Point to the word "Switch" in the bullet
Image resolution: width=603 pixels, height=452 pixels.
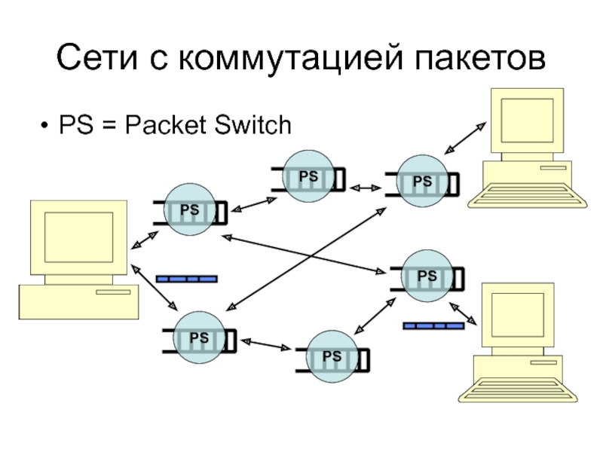253,124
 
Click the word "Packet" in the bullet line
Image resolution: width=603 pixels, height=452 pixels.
165,124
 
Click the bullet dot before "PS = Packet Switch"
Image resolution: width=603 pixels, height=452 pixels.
47,125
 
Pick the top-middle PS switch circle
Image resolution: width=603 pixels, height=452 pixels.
308,176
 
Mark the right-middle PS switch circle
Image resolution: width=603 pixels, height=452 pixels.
427,276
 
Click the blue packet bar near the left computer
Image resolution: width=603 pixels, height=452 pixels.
186,279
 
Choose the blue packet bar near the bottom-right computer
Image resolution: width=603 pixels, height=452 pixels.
433,325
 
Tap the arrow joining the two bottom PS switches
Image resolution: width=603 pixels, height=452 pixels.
265,345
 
